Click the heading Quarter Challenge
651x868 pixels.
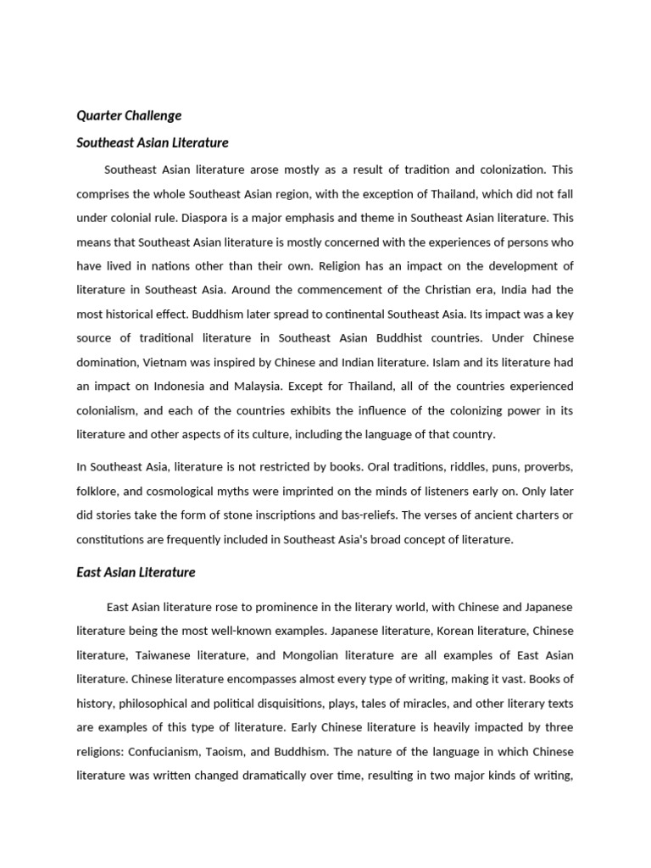129,115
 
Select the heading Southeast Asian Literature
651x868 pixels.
153,142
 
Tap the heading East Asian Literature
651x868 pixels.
136,572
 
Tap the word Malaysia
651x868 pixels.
258,387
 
